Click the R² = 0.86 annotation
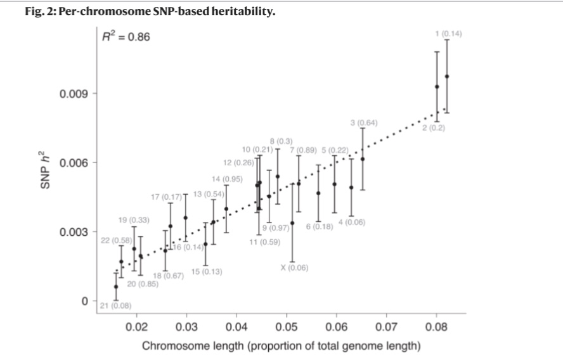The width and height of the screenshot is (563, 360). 126,37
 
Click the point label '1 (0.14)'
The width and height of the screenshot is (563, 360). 447,34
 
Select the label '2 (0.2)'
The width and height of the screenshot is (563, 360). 434,129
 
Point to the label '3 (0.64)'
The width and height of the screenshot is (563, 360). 364,122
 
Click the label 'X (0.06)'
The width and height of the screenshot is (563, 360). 294,267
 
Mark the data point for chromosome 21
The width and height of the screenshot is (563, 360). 115,286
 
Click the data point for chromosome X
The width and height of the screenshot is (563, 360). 292,222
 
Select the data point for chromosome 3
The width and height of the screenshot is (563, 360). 363,159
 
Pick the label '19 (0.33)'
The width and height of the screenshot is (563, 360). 134,220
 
